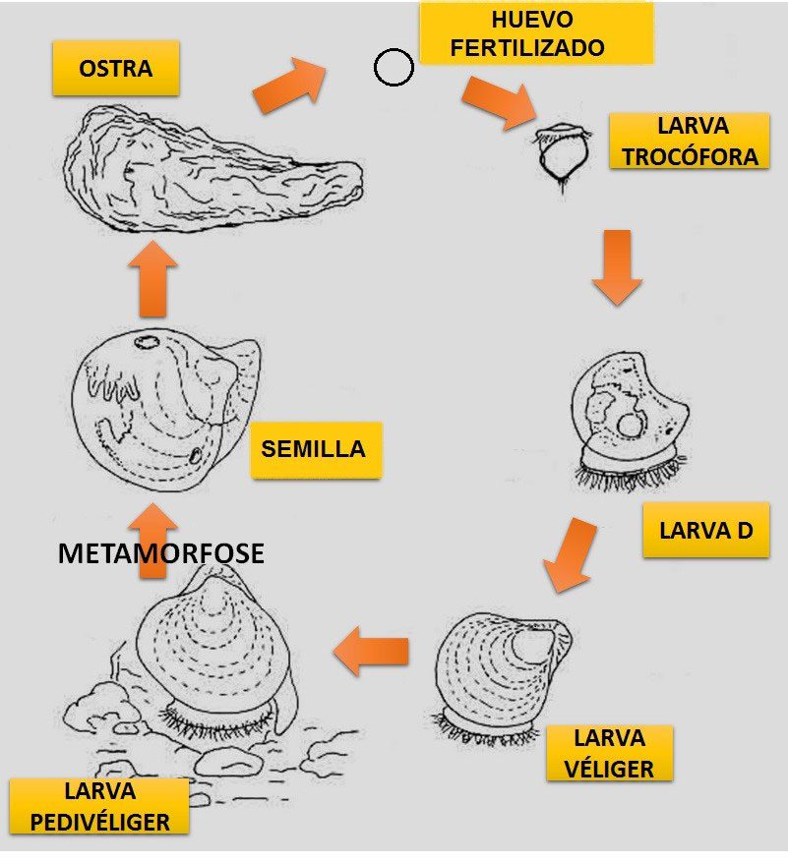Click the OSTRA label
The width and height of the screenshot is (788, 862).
[x=116, y=69]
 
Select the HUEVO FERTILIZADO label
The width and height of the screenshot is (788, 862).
[x=535, y=32]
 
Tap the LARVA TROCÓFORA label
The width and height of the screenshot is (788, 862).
[x=689, y=141]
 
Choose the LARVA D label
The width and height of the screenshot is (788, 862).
[x=705, y=531]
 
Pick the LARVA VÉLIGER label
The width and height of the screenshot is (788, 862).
[x=609, y=753]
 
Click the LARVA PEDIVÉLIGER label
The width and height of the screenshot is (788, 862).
[x=98, y=806]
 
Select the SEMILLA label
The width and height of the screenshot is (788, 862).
[x=314, y=449]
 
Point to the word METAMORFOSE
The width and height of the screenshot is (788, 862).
[x=160, y=553]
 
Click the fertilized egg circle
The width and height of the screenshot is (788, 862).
[x=394, y=68]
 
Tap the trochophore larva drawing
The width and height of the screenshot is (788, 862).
[x=561, y=152]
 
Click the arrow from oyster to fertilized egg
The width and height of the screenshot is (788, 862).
[x=289, y=86]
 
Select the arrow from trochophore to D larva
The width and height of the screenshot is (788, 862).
[x=617, y=265]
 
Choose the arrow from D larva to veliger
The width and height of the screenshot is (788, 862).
[x=571, y=555]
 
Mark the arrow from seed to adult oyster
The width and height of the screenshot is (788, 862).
[x=152, y=279]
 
